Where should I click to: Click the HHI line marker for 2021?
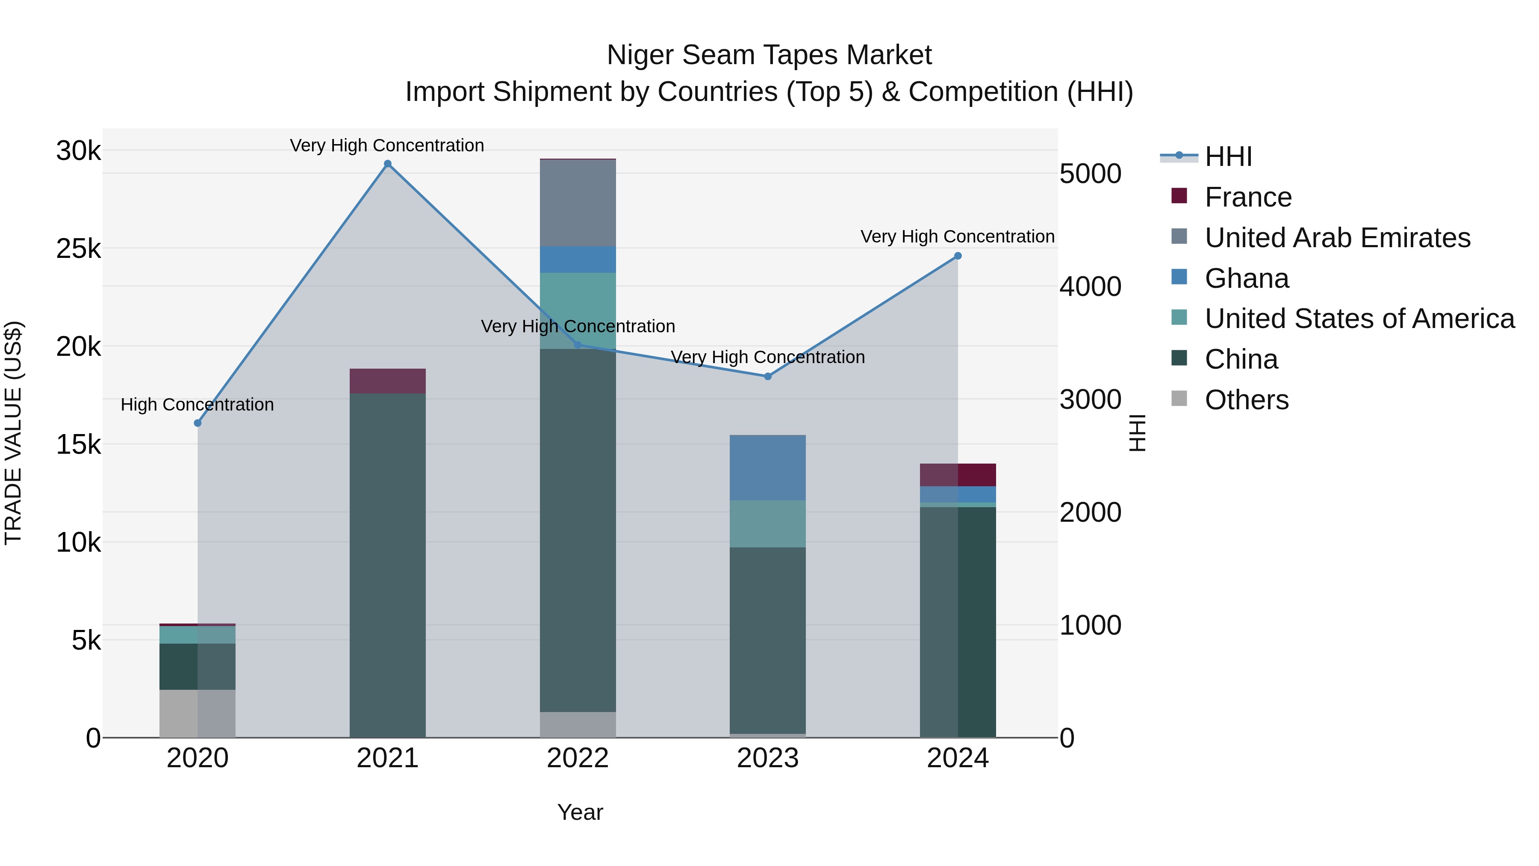click(x=388, y=164)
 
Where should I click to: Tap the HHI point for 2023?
click(x=768, y=376)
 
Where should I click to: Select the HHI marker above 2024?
click(x=958, y=256)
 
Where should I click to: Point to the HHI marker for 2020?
click(x=198, y=423)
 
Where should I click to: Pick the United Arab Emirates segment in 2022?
click(x=578, y=203)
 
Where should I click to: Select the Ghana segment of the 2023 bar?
click(x=768, y=468)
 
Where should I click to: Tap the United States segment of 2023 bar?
click(x=768, y=524)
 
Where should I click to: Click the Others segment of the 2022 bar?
click(x=578, y=724)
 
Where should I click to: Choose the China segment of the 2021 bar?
click(x=388, y=565)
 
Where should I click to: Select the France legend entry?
click(x=1247, y=197)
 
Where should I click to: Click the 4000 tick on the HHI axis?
click(x=1090, y=287)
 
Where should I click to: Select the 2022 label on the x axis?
click(x=578, y=758)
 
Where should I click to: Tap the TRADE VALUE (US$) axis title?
click(x=14, y=433)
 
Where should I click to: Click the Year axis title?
click(x=580, y=812)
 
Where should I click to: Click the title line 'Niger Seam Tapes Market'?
click(x=769, y=55)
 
